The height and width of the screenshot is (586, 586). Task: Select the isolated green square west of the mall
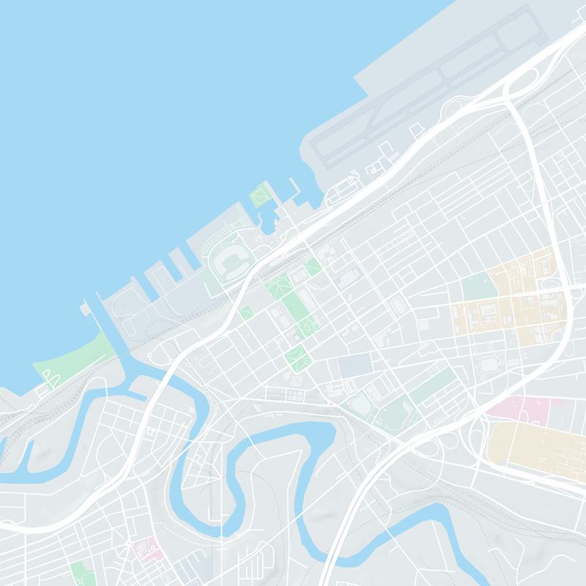(245, 312)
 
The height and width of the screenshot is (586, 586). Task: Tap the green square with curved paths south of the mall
(298, 357)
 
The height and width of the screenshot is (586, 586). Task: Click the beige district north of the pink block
(513, 300)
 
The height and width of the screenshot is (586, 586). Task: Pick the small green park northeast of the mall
(314, 267)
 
